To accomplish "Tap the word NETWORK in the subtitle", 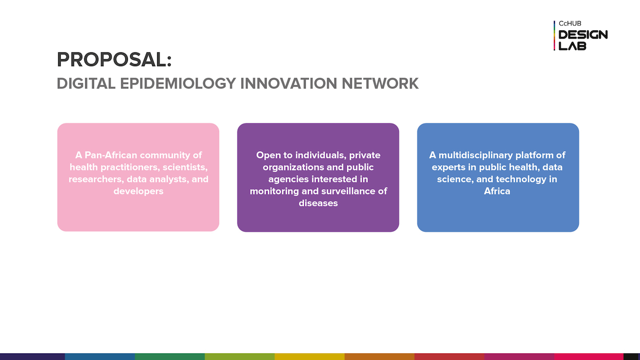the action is [x=380, y=84].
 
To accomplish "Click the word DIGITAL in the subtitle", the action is [x=86, y=84].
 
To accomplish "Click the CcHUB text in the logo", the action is [x=570, y=23].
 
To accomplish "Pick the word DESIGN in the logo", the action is [x=583, y=35].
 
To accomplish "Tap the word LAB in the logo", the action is [x=572, y=46].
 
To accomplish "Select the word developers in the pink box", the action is [x=138, y=191].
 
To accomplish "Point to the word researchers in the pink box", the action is [x=96, y=179].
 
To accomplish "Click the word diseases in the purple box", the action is [x=318, y=203].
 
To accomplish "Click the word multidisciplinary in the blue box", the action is [x=476, y=155].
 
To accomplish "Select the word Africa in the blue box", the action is [x=497, y=191].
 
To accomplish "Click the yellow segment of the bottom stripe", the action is [x=309, y=357].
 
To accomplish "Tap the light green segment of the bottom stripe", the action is [x=240, y=357].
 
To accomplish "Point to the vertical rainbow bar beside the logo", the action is [x=554, y=35].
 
